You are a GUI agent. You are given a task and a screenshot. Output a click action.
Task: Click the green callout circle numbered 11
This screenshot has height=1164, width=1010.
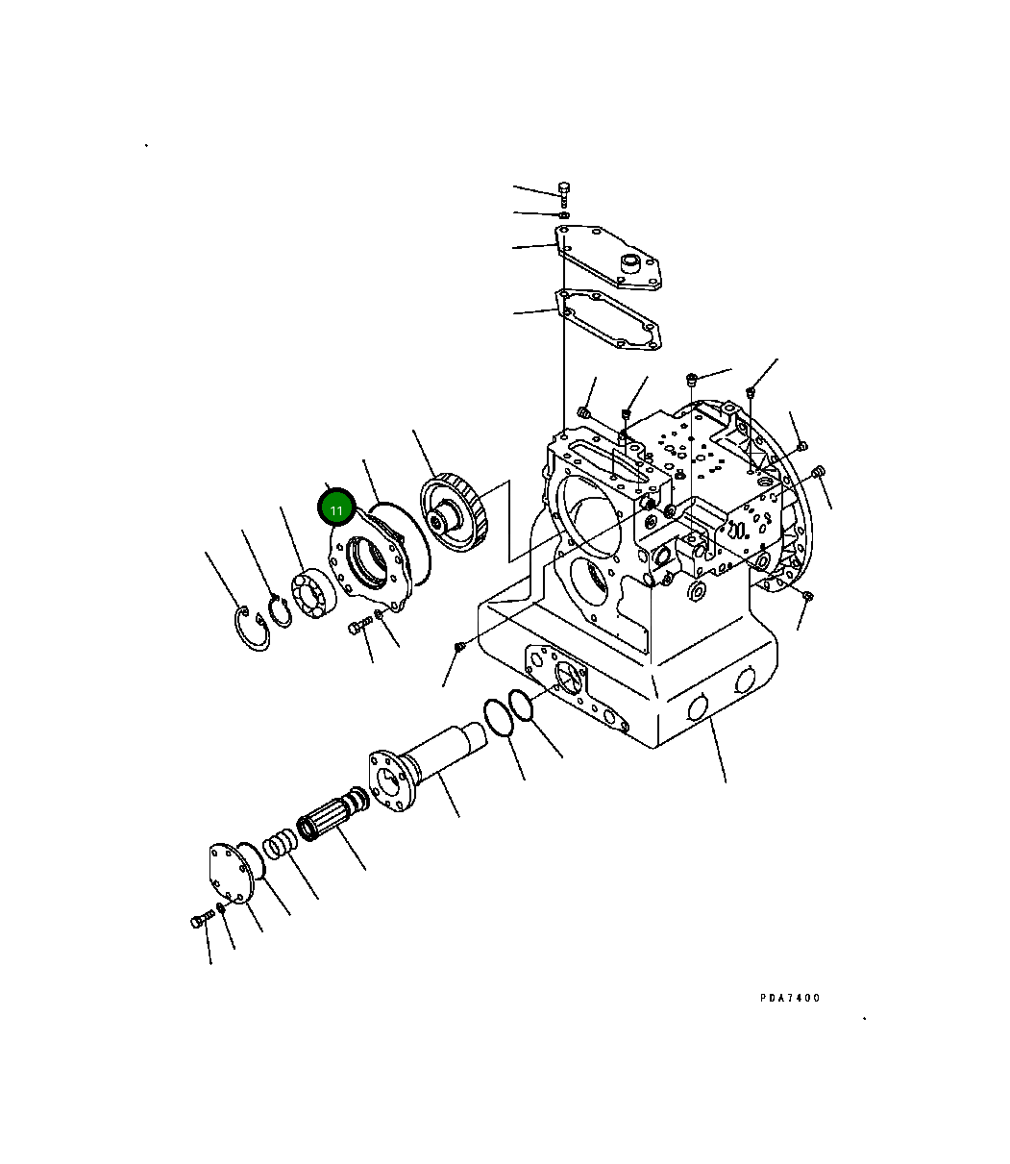point(336,508)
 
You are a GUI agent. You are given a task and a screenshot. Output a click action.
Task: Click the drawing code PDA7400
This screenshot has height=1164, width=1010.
point(790,998)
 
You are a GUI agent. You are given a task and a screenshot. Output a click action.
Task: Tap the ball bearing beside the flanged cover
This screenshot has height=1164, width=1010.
point(312,596)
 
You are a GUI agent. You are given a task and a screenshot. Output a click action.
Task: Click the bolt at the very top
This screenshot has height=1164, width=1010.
point(564,191)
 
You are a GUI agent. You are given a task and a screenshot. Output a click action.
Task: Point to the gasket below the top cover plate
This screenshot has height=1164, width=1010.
point(611,321)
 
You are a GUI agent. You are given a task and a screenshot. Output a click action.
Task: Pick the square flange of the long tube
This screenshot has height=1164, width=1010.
point(392,780)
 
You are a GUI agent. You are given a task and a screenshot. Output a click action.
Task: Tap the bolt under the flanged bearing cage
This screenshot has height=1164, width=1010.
point(357,628)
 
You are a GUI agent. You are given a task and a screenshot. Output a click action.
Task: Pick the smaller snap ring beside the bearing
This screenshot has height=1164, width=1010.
point(280,611)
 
